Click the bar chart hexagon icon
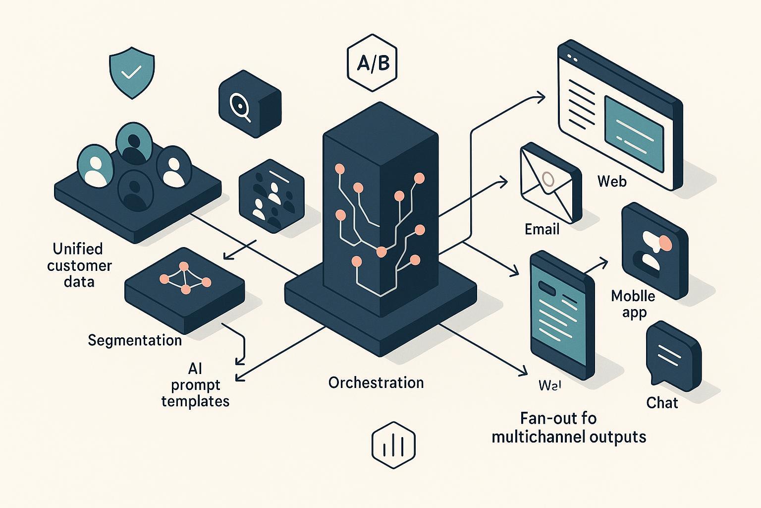point(394,445)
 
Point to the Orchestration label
point(376,382)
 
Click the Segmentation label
point(135,340)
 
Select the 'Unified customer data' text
point(79,265)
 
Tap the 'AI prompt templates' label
point(195,384)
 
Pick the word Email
point(542,229)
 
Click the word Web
point(612,181)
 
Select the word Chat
point(662,402)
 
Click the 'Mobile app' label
point(633,304)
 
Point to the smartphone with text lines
point(561,315)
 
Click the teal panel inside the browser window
point(634,127)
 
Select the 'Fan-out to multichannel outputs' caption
point(569,428)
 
